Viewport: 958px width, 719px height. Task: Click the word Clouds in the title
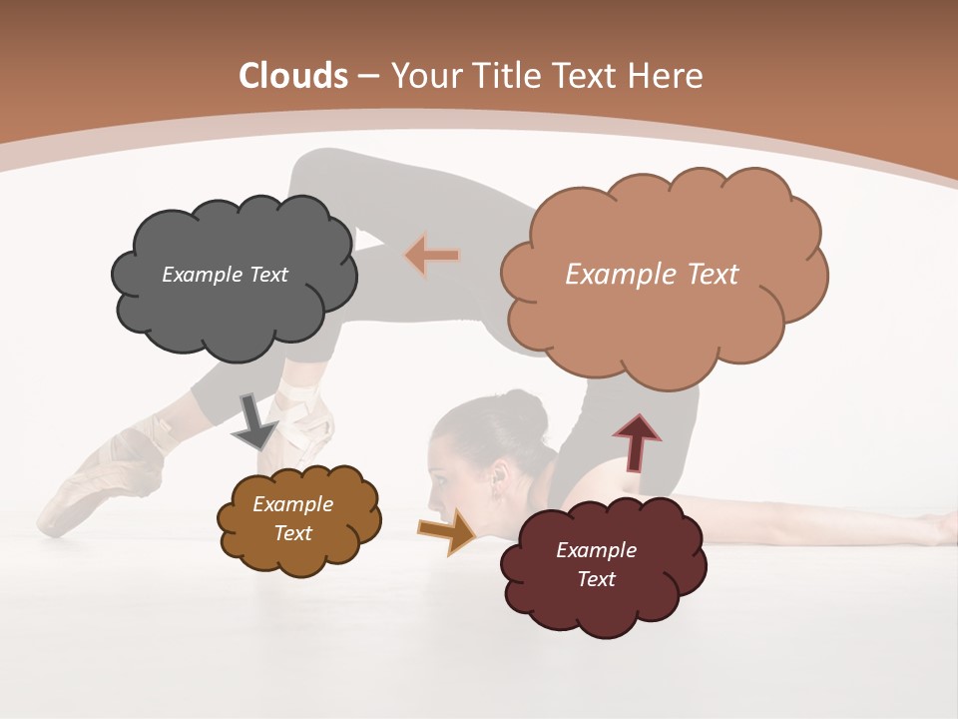pos(293,76)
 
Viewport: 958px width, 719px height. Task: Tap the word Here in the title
pos(667,76)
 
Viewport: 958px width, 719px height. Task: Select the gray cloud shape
pos(234,311)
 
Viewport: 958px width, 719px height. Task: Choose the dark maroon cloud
pos(604,599)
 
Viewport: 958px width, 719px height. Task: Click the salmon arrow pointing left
pos(431,257)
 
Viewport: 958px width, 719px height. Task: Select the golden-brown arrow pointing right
pos(448,531)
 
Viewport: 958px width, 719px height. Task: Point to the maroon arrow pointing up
pos(637,442)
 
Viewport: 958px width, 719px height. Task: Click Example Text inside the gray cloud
pos(225,275)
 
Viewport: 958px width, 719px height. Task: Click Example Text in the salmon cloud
pos(652,275)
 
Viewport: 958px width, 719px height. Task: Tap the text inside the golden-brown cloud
pos(292,518)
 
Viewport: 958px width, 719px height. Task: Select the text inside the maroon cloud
pos(596,564)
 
